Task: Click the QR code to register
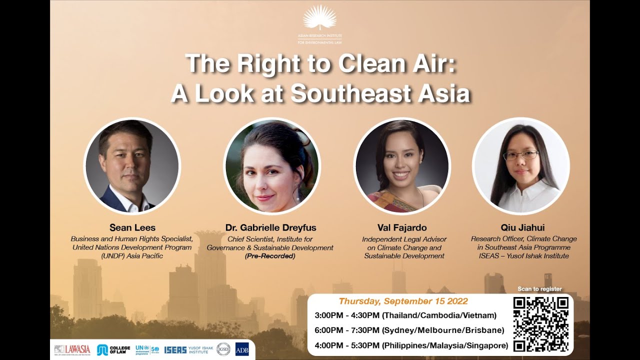click(x=540, y=323)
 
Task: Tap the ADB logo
click(x=241, y=349)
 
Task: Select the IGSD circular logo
click(x=223, y=349)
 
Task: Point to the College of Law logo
click(x=113, y=349)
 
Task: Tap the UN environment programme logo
click(x=146, y=349)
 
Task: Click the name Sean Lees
click(x=132, y=228)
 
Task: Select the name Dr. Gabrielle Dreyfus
click(x=270, y=228)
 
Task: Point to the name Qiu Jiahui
click(x=523, y=228)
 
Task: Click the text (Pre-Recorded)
click(x=270, y=256)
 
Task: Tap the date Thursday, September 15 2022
click(x=403, y=301)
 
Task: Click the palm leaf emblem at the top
click(x=320, y=17)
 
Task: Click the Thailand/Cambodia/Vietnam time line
click(x=405, y=315)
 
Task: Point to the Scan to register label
click(x=539, y=289)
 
